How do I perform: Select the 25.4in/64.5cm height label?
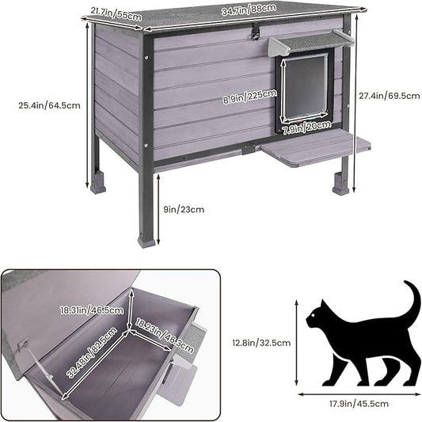point(50,105)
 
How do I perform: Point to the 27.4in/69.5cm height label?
point(387,94)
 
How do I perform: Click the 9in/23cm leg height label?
point(184,210)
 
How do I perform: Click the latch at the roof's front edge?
point(254,32)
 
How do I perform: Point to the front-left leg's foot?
point(146,239)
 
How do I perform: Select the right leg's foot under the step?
point(341,189)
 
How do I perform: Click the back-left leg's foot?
point(98,188)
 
